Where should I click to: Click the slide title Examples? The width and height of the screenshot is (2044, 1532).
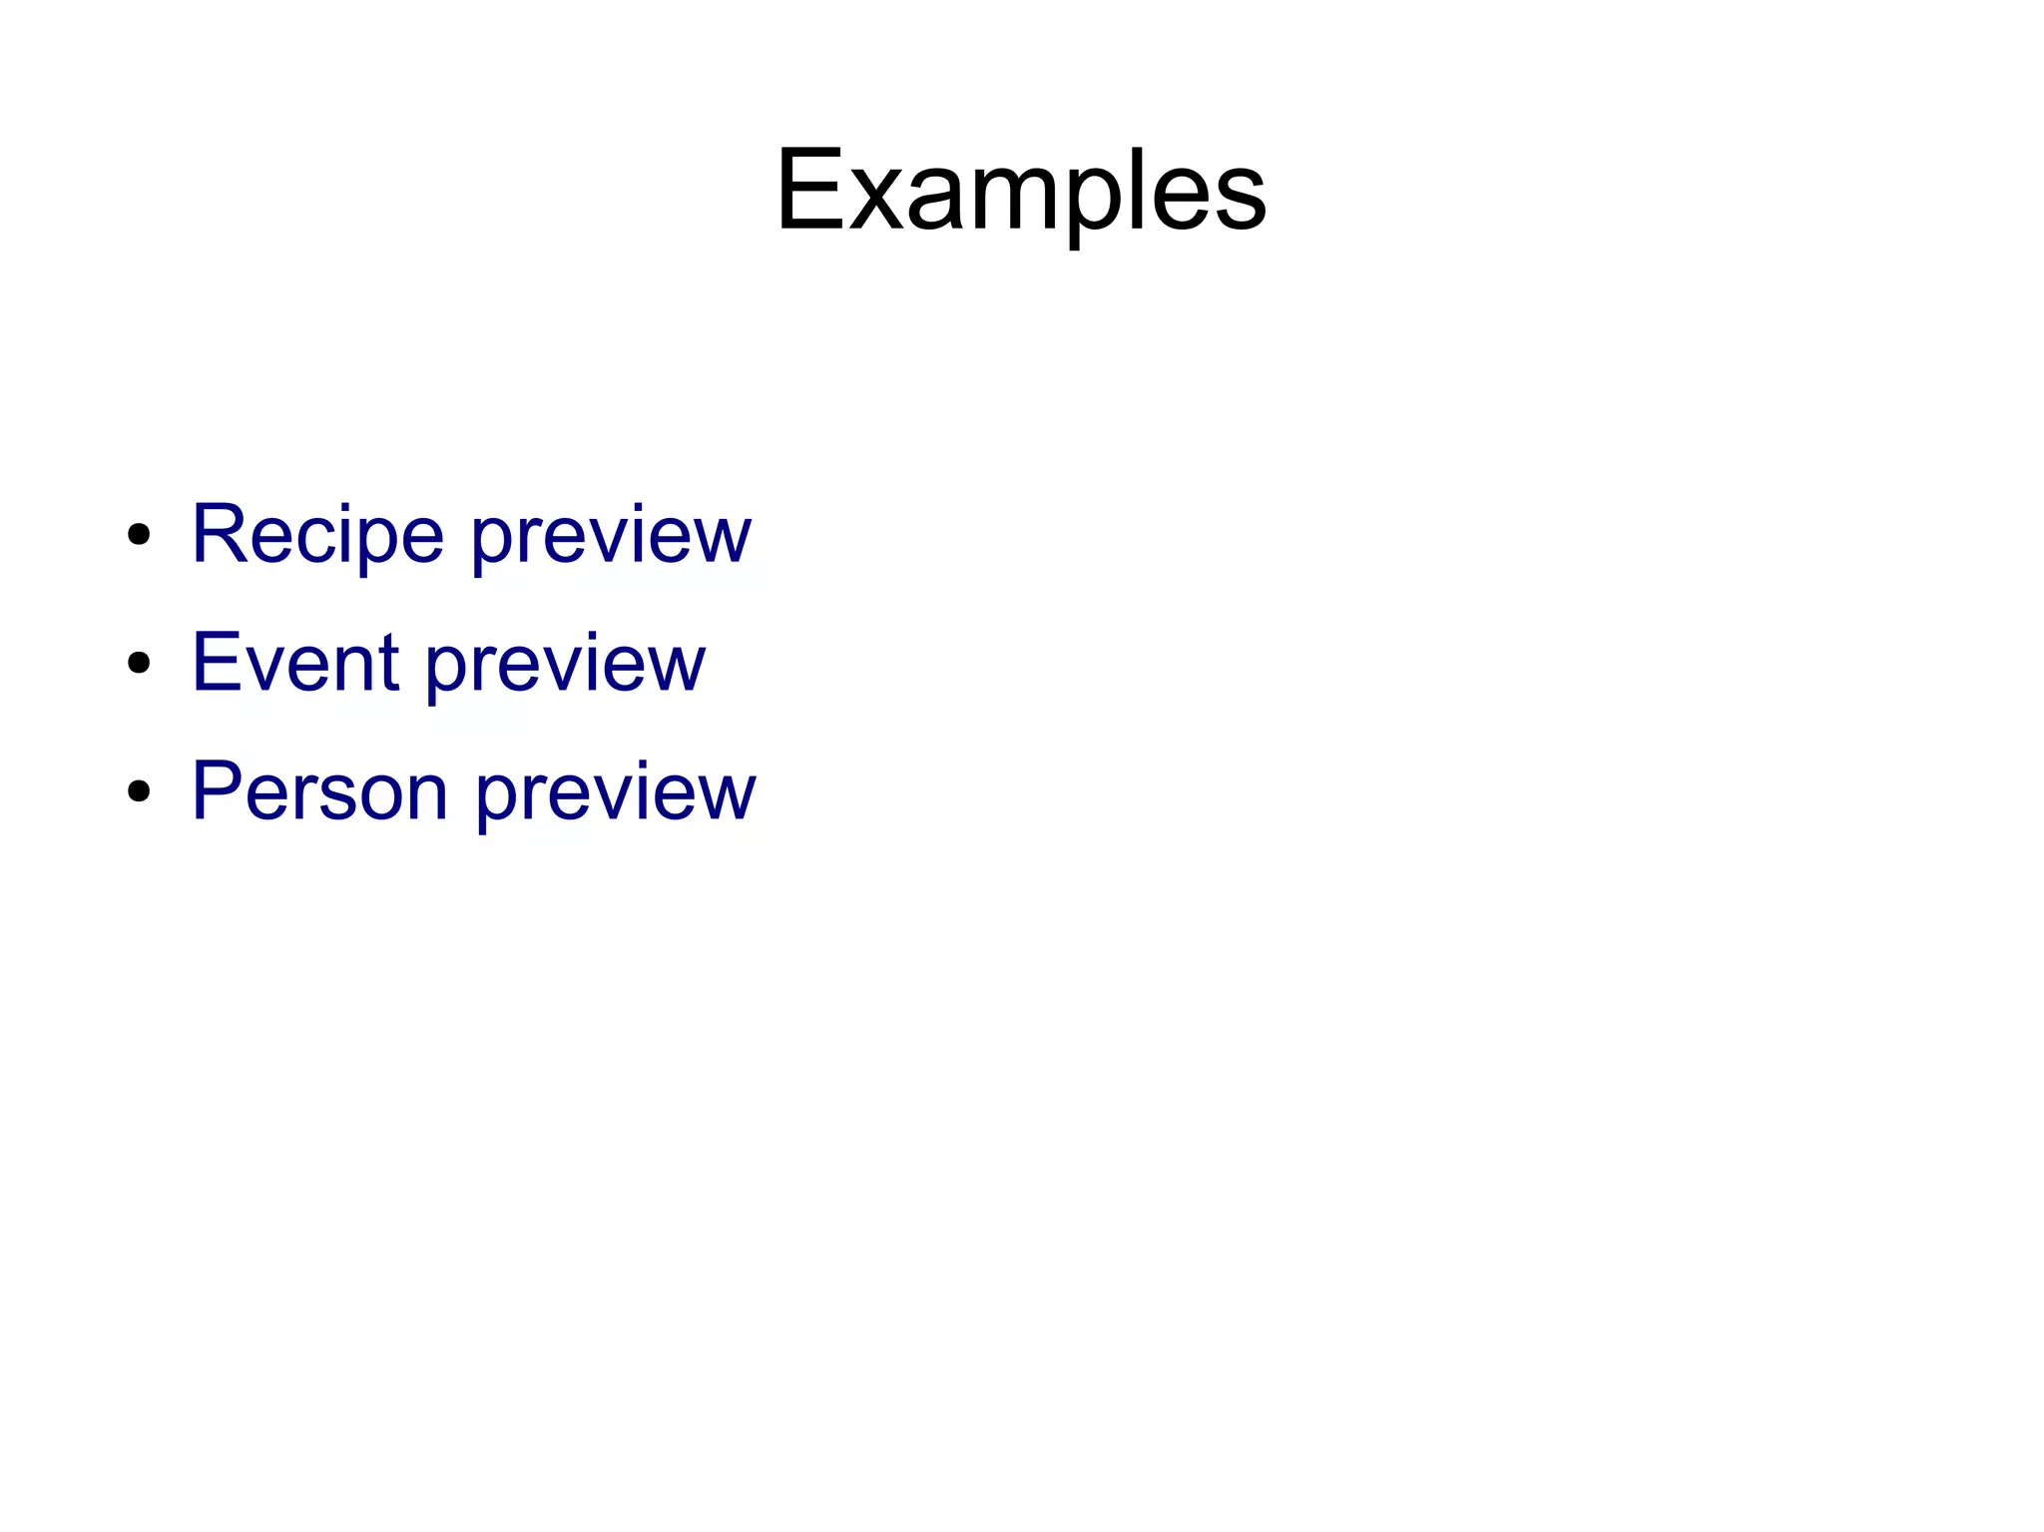(x=1021, y=190)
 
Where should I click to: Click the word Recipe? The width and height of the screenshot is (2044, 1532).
(x=317, y=535)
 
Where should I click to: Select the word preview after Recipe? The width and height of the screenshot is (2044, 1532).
(x=611, y=539)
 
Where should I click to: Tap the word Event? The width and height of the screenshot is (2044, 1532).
(x=295, y=663)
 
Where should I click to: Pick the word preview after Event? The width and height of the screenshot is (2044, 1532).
(x=566, y=667)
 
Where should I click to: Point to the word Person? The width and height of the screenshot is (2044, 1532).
(x=319, y=791)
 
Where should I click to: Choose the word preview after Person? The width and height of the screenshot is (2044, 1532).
(x=615, y=795)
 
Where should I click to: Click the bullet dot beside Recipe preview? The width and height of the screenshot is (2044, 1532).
(x=139, y=535)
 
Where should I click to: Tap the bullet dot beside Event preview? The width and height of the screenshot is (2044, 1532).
(x=139, y=663)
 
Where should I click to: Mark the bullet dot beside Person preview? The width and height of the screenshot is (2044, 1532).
(x=139, y=791)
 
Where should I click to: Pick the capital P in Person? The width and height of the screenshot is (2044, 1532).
(x=216, y=791)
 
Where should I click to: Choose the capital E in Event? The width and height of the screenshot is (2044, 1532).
(x=215, y=663)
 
